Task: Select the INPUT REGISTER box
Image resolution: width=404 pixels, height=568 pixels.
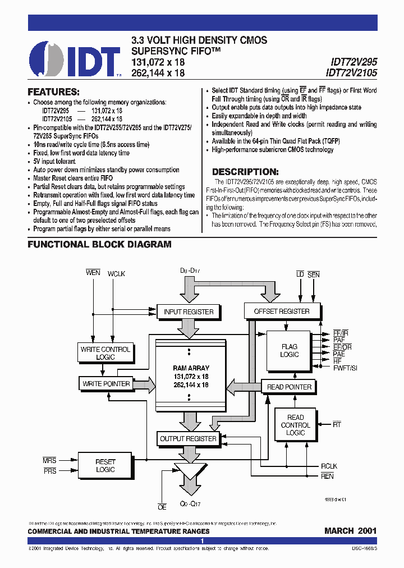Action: [189, 312]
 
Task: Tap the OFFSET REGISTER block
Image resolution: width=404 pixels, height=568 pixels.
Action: [282, 311]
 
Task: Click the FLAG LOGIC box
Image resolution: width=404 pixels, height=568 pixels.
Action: [290, 351]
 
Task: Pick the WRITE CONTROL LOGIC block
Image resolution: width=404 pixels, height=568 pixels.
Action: [105, 353]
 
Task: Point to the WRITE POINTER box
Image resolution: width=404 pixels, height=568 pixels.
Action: [105, 384]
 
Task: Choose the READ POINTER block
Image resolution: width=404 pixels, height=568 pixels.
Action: [289, 387]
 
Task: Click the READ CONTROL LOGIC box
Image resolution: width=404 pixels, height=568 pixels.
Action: [295, 425]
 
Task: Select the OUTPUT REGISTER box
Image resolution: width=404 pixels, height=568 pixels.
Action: [188, 439]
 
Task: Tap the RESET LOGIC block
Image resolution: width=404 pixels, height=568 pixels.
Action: [105, 466]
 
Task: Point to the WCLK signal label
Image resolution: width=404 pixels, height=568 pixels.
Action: [117, 273]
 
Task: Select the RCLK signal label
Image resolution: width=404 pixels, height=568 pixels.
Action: [328, 465]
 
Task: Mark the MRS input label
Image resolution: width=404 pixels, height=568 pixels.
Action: [49, 460]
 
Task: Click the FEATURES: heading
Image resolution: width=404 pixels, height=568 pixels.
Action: [54, 91]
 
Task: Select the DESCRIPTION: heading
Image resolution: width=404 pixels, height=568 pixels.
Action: [245, 172]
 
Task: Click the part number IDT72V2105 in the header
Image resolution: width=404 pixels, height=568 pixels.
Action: [351, 72]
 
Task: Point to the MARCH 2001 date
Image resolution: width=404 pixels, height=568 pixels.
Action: [350, 530]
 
